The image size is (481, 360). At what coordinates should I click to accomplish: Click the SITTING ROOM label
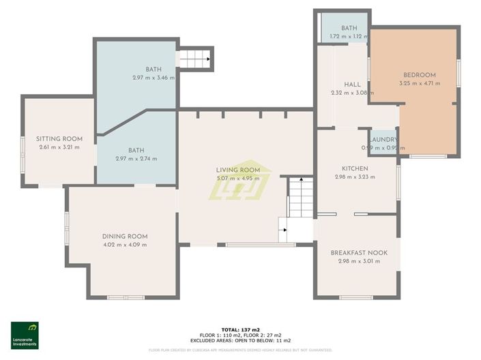click(x=59, y=138)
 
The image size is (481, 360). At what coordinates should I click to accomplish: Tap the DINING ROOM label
click(x=125, y=236)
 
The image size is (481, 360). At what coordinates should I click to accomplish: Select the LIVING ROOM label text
click(x=238, y=170)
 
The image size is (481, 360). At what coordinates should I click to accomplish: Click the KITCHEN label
click(x=355, y=168)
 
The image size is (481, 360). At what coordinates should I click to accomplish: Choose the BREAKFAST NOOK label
click(x=359, y=252)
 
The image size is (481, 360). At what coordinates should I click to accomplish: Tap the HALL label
click(x=352, y=85)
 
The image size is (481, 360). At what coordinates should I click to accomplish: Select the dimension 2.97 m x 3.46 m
click(x=154, y=78)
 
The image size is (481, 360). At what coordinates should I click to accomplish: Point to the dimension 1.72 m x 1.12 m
click(x=345, y=37)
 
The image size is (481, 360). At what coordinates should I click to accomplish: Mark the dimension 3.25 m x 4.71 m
click(x=419, y=83)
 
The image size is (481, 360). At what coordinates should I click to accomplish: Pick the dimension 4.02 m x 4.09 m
click(x=125, y=245)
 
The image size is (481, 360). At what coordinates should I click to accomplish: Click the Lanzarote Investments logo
click(x=25, y=335)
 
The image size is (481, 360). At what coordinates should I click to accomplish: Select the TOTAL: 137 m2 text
click(x=239, y=329)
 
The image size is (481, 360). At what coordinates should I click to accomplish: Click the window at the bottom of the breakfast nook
click(x=355, y=297)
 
